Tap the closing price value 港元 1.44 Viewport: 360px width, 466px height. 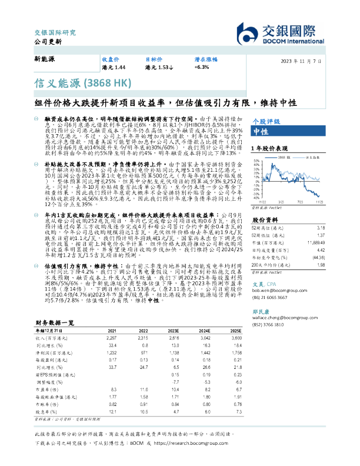click(114, 68)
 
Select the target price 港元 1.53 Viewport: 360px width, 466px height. click(159, 68)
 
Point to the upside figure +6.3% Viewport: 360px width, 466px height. click(201, 68)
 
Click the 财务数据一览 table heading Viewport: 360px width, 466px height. click(55, 323)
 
